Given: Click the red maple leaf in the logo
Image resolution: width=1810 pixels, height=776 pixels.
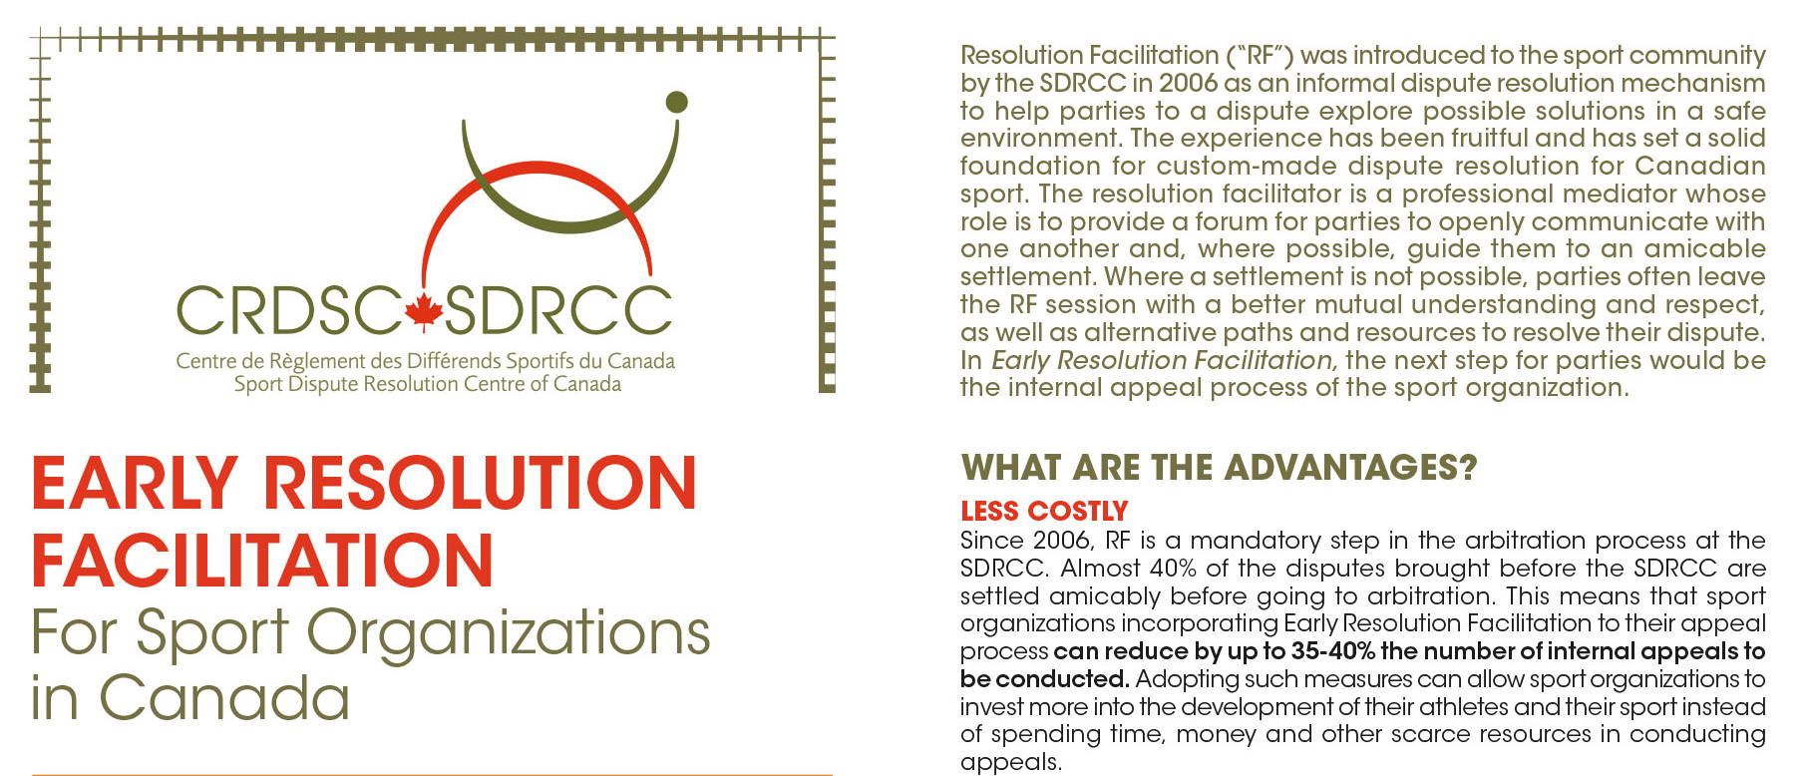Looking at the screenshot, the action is [423, 311].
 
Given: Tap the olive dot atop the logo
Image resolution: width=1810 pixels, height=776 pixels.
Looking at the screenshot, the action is [676, 102].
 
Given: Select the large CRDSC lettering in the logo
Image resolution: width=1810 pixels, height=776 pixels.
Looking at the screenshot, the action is [289, 311].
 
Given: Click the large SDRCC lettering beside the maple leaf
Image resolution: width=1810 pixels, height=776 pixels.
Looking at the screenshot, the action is [558, 311].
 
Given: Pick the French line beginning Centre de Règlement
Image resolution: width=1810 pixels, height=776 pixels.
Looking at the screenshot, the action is [426, 361].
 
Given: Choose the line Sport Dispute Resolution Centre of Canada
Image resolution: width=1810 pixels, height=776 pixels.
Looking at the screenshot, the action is [428, 384].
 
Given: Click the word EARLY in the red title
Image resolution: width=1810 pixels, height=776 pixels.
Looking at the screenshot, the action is [135, 484].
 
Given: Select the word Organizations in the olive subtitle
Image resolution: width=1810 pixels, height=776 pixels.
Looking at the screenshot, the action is [509, 635].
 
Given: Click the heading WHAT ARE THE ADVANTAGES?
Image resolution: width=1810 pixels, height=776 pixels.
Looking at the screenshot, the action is [1219, 468].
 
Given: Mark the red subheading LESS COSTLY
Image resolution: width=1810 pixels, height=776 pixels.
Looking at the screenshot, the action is [1044, 512].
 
